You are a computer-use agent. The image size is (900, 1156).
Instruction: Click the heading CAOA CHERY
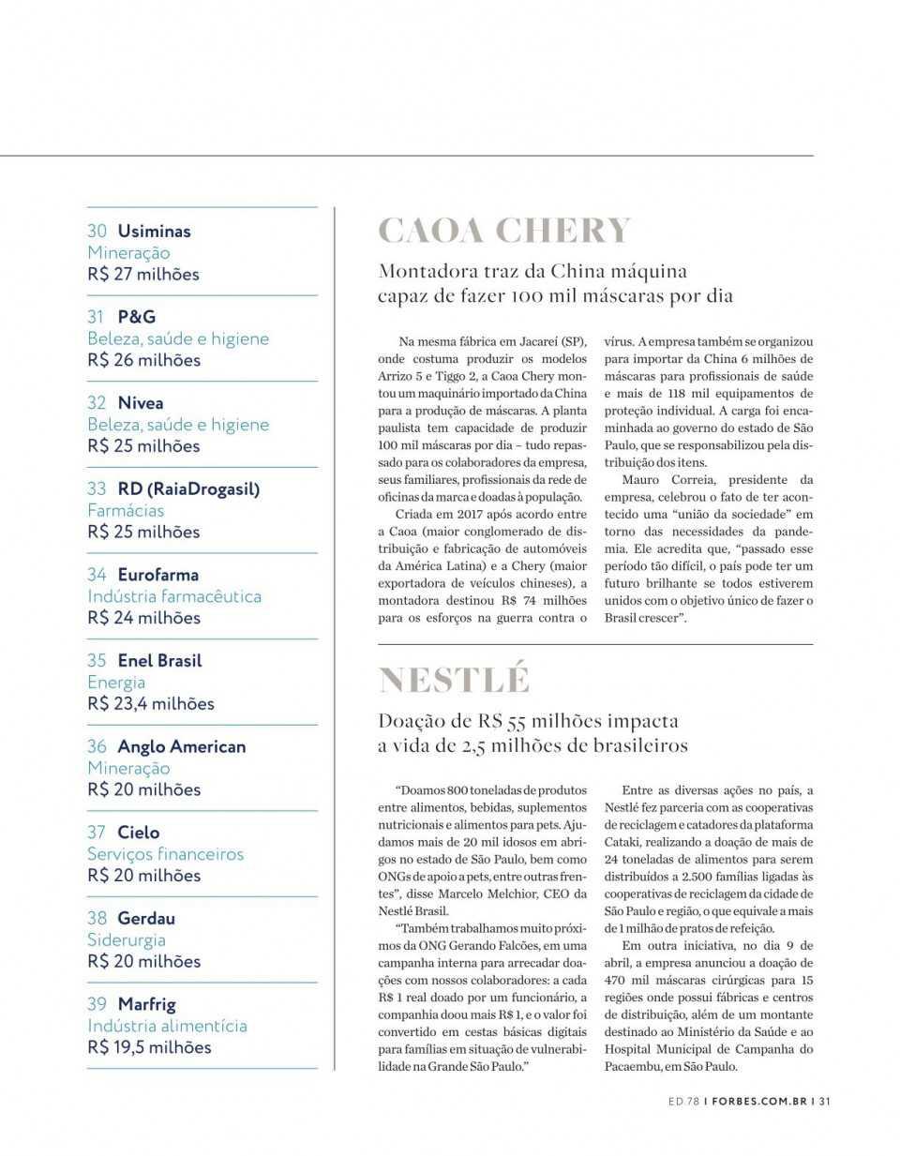click(x=504, y=231)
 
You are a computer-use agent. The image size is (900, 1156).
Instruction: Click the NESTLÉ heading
click(x=454, y=680)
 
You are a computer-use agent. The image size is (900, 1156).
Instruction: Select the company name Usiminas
click(x=154, y=231)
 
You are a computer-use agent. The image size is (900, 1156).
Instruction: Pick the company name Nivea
click(x=141, y=403)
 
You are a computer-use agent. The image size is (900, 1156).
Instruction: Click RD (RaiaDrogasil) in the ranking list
click(x=188, y=488)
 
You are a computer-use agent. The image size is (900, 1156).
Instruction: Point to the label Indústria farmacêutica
click(x=174, y=596)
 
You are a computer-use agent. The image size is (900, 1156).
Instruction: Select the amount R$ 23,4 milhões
click(x=151, y=703)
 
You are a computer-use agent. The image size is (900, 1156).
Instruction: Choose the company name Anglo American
click(x=182, y=746)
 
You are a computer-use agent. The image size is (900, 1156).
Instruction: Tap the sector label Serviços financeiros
click(x=165, y=854)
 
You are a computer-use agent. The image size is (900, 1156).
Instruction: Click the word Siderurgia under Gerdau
click(x=127, y=939)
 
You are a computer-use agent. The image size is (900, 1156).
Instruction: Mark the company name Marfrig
click(x=146, y=1004)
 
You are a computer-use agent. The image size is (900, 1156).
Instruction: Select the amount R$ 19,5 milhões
click(x=149, y=1047)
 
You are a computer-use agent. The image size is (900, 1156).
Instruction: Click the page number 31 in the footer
click(x=824, y=1102)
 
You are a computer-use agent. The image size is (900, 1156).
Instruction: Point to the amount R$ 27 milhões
click(x=143, y=274)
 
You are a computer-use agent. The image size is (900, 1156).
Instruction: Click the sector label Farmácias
click(x=126, y=510)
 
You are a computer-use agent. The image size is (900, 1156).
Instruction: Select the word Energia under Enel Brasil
click(x=116, y=683)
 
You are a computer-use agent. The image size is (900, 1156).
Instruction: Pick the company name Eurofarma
click(x=157, y=575)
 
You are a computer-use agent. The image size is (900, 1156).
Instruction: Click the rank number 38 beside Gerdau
click(x=97, y=918)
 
